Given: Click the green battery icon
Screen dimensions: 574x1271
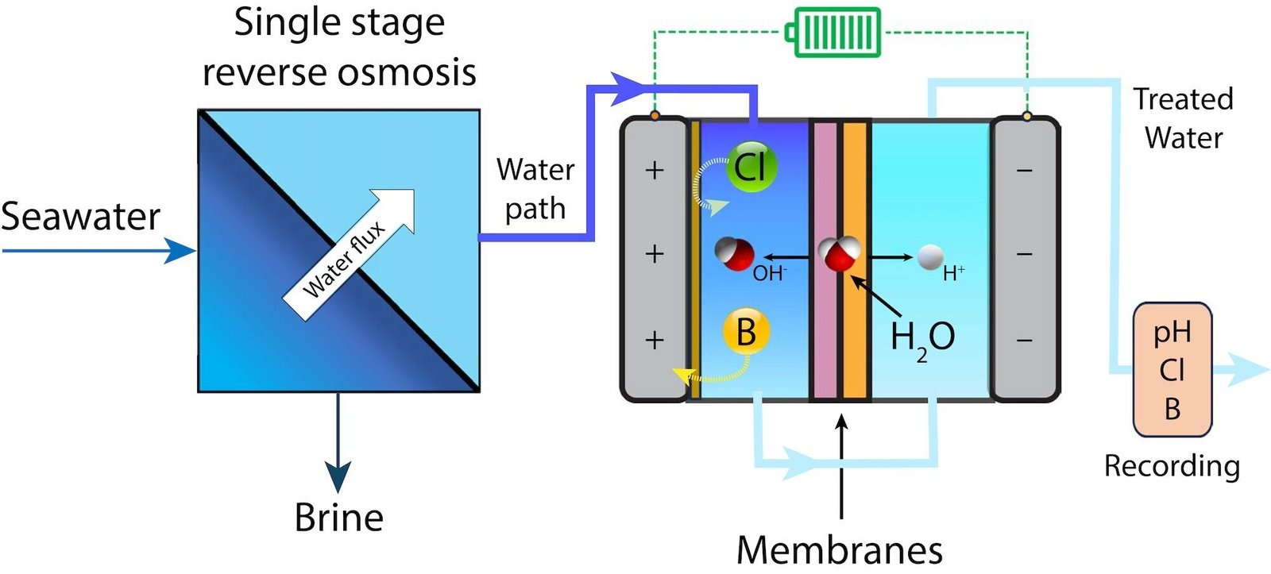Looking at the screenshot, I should pos(834,33).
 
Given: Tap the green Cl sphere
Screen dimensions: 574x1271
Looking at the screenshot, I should pos(751,166).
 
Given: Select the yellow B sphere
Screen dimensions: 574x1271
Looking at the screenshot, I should pos(746,332).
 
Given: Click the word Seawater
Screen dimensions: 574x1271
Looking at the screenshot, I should pos(80,217).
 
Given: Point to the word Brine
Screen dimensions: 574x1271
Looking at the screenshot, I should pos(339,518).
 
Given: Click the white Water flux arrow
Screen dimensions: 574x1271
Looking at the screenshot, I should pos(350,254).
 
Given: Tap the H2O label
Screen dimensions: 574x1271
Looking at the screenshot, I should pos(921,337).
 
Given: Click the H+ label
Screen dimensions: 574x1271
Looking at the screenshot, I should pos(953,274).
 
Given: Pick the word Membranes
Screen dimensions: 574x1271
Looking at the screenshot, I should pos(840,549).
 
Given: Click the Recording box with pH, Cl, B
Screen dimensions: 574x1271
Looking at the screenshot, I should pos(1172,370).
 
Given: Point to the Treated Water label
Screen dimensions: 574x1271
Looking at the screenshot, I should pos(1184,118).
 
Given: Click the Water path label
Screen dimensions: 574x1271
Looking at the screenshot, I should pos(535,189).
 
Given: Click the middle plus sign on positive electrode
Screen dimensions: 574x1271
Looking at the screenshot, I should pos(654,254).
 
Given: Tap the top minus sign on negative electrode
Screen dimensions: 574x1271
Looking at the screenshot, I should pos(1025,171).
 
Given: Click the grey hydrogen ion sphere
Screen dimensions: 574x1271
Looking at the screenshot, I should pos(930,257).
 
